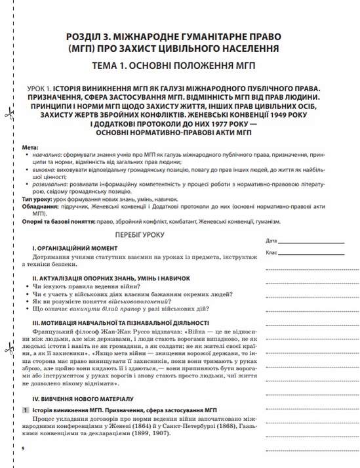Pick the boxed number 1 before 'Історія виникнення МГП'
pyautogui.click(x=25, y=410)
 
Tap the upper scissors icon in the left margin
pyautogui.click(x=9, y=115)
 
